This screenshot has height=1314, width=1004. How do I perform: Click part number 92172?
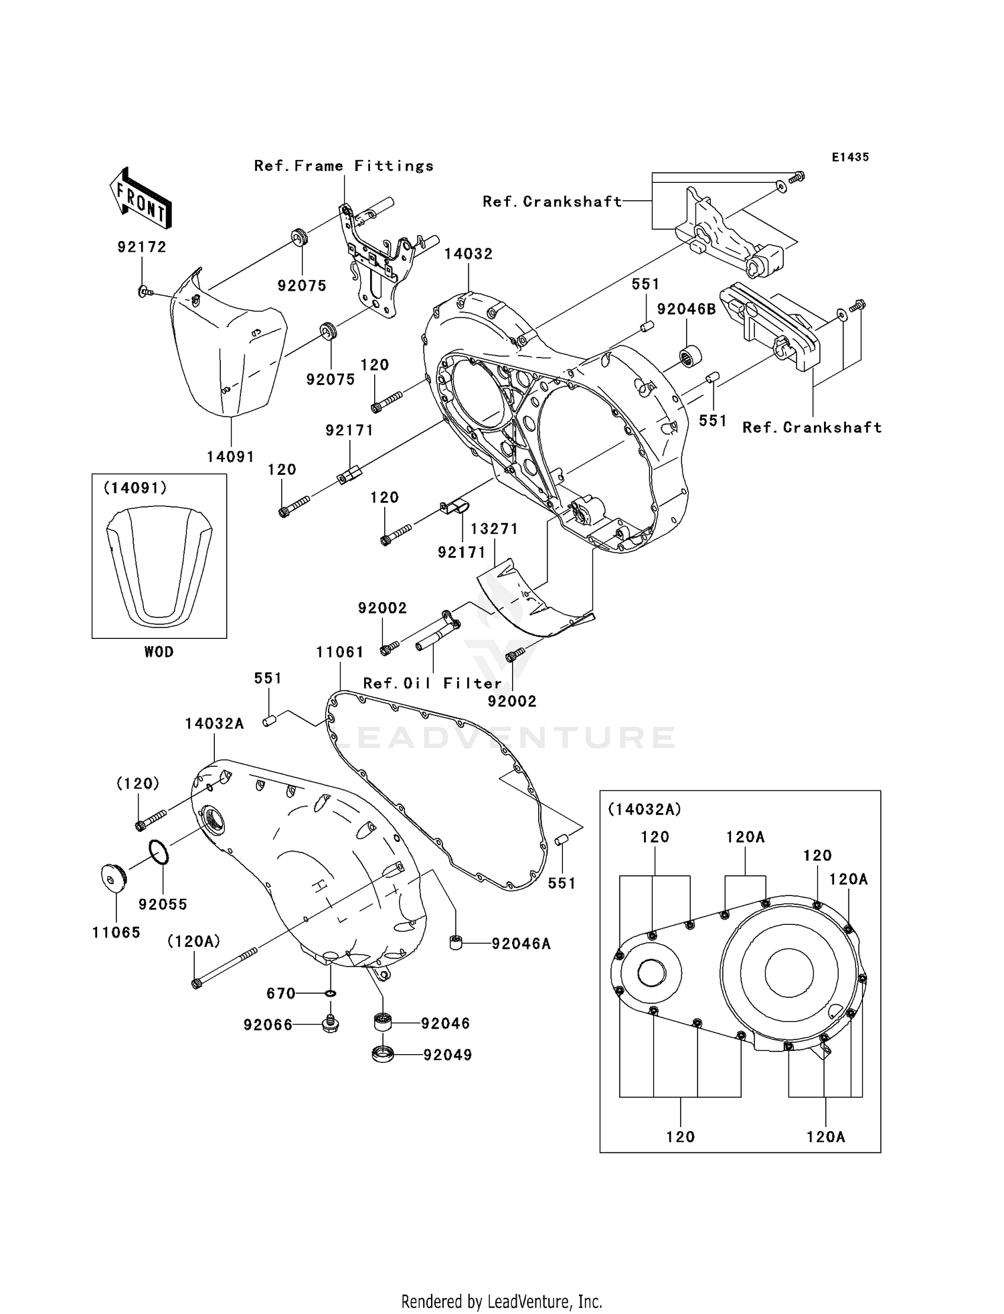(141, 247)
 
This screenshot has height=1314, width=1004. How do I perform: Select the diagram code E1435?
(850, 157)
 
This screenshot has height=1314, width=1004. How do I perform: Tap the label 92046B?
(686, 309)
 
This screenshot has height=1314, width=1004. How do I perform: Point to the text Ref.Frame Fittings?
(343, 166)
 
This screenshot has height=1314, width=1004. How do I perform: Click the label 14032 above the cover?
(469, 254)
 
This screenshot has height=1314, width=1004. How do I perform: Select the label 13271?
(494, 528)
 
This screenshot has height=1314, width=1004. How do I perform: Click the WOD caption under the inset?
(159, 652)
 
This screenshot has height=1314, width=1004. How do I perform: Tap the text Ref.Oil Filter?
(432, 683)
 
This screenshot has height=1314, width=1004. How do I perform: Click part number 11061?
(340, 652)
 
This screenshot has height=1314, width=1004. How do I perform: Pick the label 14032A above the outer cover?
(214, 723)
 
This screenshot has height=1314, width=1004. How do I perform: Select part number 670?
(280, 993)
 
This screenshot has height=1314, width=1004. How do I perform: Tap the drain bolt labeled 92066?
(330, 1023)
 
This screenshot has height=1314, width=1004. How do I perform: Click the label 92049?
(447, 1055)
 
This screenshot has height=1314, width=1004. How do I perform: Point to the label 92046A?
(521, 944)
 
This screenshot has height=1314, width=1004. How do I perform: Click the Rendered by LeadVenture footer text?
(501, 1301)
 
